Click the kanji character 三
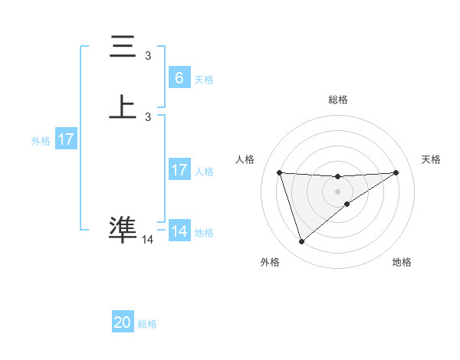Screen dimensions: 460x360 [123, 47]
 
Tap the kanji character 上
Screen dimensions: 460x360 [123, 107]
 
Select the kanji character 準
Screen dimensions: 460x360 [123, 229]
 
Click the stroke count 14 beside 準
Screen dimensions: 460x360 [148, 240]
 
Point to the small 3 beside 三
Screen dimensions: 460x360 [148, 56]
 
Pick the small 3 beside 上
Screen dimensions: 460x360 [148, 116]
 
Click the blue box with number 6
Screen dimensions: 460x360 [179, 77]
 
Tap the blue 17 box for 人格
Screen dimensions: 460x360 [179, 170]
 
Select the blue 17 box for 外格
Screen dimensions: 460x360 [66, 139]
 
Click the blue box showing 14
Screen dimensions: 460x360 [179, 231]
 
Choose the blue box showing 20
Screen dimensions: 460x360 [123, 322]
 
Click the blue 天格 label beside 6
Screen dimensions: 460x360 [203, 79]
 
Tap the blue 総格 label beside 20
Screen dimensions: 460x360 [147, 324]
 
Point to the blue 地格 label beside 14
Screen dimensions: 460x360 [203, 232]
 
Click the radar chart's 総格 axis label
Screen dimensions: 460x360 [338, 100]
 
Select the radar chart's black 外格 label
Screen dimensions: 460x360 [270, 263]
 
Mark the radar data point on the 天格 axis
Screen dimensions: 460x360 [396, 172]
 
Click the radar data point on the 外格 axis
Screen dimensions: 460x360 [301, 242]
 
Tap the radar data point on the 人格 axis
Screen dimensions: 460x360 [280, 172]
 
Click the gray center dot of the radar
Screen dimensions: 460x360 [337, 191]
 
